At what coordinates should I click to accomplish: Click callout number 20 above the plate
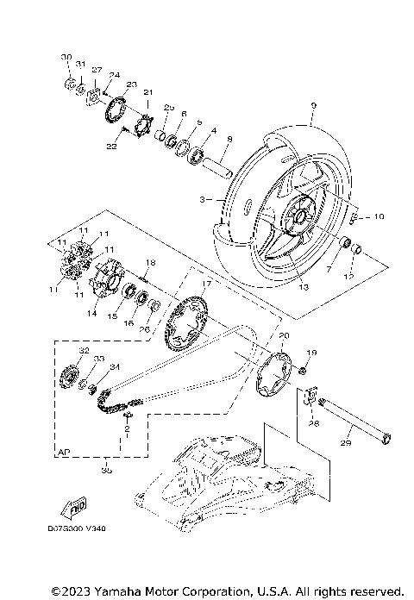[x=285, y=335]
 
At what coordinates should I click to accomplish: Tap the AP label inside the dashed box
[x=64, y=451]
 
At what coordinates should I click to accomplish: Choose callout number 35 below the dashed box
[x=107, y=471]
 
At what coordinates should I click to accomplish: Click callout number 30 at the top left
[x=66, y=57]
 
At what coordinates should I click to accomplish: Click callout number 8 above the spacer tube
[x=229, y=138]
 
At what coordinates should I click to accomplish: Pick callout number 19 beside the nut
[x=312, y=353]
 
